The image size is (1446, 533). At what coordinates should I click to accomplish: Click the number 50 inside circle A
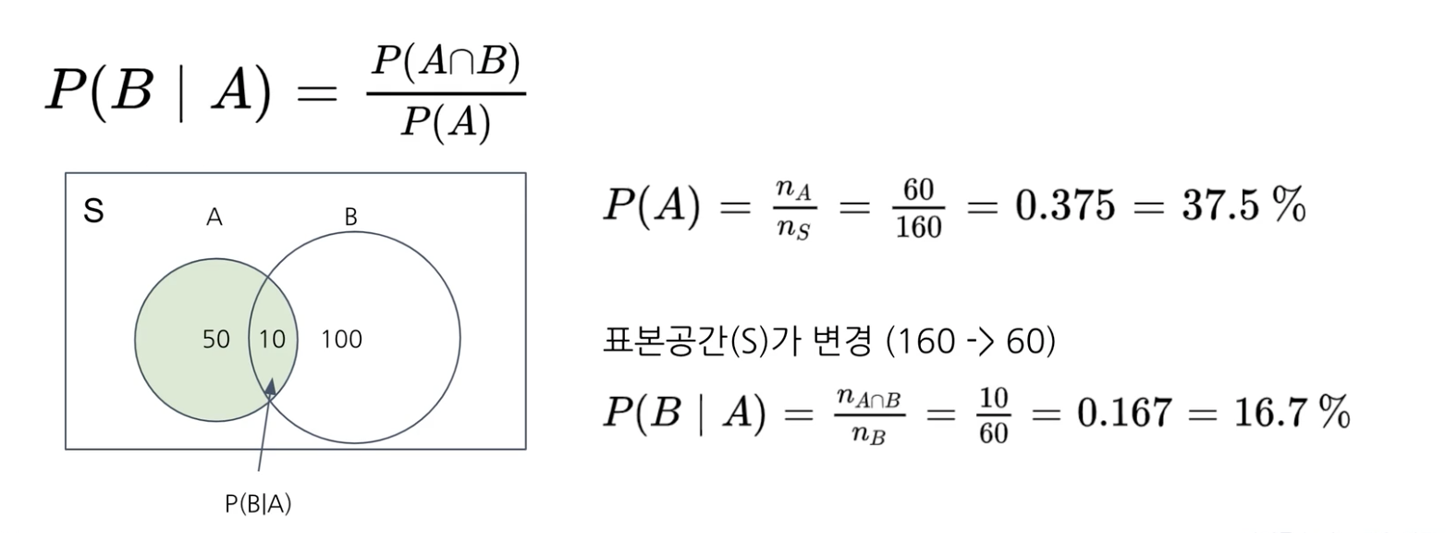216,340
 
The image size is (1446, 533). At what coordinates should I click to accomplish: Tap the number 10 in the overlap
272,340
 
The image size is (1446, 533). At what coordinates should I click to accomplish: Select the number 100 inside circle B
341,340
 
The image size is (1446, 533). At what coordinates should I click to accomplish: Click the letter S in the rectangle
93,212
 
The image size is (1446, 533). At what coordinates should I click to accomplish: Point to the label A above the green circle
214,217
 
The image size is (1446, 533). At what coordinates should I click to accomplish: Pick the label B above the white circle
351,217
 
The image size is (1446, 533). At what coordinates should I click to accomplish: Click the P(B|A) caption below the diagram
258,503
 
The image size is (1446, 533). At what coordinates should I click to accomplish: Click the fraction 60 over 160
918,208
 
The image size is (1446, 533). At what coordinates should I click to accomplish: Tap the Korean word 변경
840,341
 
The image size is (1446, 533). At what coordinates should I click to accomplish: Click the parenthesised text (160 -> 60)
970,341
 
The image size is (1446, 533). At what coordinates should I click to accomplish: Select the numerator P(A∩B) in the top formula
446,62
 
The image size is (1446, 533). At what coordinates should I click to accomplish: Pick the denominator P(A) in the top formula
445,121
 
